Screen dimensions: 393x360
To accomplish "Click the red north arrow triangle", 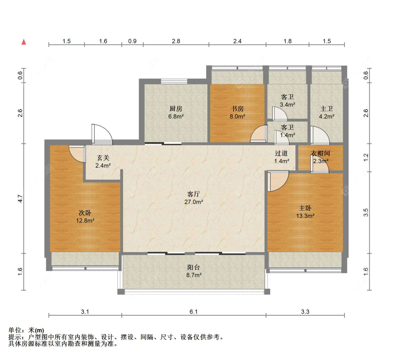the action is click(24, 42).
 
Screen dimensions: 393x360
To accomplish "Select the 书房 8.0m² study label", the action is click(237, 112).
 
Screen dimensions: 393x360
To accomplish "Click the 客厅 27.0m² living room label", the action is click(194, 198).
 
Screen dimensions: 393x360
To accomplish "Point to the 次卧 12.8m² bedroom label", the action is click(85, 217).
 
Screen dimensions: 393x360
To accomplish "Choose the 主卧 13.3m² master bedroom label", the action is click(305, 212).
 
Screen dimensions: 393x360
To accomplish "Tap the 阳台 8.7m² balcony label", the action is click(194, 271).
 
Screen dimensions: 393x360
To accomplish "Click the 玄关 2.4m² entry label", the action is click(103, 162).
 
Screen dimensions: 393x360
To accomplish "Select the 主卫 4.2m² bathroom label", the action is click(327, 112).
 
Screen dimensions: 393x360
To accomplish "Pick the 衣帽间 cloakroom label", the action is click(320, 153).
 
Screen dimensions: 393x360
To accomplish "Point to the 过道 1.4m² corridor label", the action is click(282, 157).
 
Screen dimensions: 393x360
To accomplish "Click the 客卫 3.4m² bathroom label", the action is click(287, 101).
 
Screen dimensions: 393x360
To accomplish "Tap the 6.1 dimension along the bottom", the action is click(194, 312).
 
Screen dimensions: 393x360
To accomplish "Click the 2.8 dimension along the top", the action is click(176, 41).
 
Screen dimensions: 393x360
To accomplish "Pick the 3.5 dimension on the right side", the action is click(366, 212).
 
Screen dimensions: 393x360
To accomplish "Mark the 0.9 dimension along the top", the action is click(132, 41).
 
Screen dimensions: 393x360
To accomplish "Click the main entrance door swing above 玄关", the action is click(102, 134).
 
